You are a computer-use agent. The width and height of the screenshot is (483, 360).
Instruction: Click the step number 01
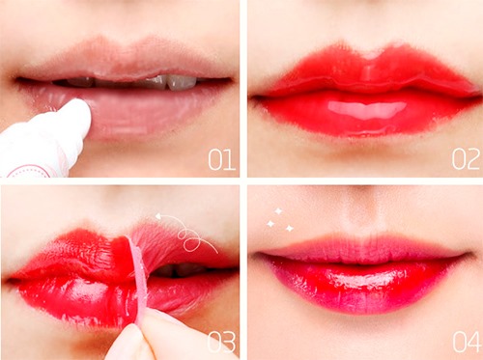coord(221,159)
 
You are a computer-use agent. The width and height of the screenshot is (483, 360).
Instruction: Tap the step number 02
coord(466,159)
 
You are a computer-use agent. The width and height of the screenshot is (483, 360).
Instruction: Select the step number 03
coord(221,342)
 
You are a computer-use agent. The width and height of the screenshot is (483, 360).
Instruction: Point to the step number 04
coord(467,342)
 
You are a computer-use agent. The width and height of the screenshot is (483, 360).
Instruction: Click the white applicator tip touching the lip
coord(76,113)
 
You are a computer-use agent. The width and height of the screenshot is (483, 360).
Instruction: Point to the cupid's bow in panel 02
coord(370,54)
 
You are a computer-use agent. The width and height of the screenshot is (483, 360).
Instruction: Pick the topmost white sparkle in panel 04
coord(278,211)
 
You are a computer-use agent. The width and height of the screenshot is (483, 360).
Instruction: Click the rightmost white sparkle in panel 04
coord(290,228)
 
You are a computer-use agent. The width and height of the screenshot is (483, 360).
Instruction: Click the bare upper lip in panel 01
coord(124,60)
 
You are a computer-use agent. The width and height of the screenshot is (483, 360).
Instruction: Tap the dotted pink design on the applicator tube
coord(29,172)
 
